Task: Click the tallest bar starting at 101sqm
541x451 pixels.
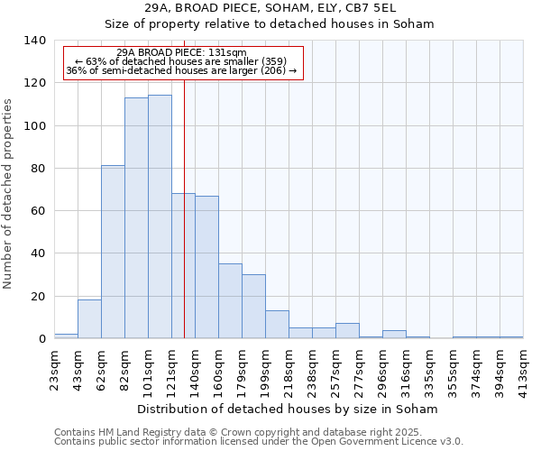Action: click(x=160, y=216)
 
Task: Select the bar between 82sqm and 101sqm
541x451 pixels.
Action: click(x=136, y=218)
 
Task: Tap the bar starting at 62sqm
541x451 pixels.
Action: click(x=113, y=252)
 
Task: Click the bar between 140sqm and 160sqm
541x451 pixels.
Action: click(x=206, y=267)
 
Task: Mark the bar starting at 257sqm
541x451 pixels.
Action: click(x=347, y=331)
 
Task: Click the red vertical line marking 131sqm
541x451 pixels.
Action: click(x=184, y=225)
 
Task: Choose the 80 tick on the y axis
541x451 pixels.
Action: click(x=38, y=169)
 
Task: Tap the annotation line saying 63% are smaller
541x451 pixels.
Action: click(x=182, y=61)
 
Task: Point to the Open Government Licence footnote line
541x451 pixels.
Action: click(x=259, y=441)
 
